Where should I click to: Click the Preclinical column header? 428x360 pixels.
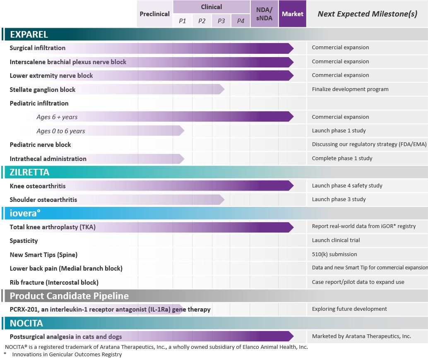coord(154,14)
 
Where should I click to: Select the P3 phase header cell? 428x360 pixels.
coord(221,21)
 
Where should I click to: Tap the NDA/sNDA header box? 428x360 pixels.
coord(264,14)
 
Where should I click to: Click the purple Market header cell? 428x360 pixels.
coord(292,14)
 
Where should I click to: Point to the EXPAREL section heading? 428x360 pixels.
coord(29,34)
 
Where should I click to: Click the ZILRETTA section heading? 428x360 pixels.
coord(29,172)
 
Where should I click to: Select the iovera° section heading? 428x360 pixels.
coord(25,214)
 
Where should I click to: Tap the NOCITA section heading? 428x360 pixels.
coord(26,323)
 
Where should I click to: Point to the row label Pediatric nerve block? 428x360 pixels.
coord(40,145)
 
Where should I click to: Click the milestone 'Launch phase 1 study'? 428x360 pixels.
coord(339,131)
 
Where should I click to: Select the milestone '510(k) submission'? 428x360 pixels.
coord(334,254)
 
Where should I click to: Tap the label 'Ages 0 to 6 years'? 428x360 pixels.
coord(60,131)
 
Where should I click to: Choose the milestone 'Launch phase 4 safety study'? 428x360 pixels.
coord(347,186)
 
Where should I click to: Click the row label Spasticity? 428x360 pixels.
coord(24,241)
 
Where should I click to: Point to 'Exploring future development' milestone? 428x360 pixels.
coord(349,309)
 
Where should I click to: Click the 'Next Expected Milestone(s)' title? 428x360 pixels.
coord(367,14)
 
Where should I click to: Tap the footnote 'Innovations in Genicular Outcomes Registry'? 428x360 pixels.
coord(67,355)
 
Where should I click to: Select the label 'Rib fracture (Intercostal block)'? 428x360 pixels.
coord(54,283)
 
